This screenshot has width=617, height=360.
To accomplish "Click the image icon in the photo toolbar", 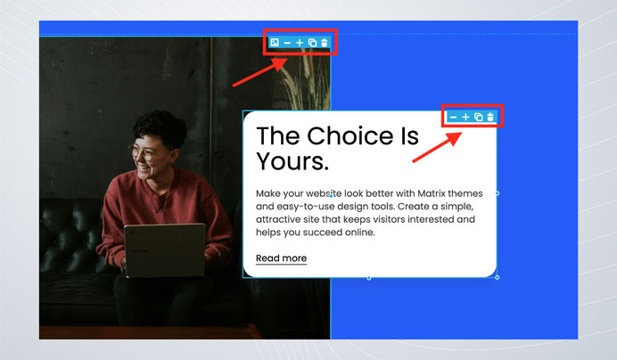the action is pyautogui.click(x=275, y=43).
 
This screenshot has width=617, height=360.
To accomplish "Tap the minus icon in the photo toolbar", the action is pyautogui.click(x=287, y=43).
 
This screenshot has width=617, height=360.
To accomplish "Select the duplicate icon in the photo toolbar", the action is pyautogui.click(x=312, y=43).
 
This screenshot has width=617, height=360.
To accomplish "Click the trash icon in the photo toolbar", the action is pyautogui.click(x=325, y=43).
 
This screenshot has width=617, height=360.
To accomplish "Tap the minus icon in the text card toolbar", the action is pyautogui.click(x=453, y=118).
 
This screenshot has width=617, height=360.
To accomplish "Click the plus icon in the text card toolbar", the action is pyautogui.click(x=465, y=117).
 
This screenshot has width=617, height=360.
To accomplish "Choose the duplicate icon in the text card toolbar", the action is pyautogui.click(x=479, y=117).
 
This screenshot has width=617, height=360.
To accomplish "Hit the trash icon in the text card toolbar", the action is pyautogui.click(x=490, y=117).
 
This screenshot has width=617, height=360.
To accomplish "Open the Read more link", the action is pyautogui.click(x=282, y=258).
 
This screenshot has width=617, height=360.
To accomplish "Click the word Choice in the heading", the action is pyautogui.click(x=350, y=135).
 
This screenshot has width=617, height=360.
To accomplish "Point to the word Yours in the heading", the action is pyautogui.click(x=292, y=161).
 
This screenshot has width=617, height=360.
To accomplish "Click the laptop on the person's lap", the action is pyautogui.click(x=165, y=250).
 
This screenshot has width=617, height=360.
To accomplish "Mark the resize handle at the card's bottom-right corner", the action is pyautogui.click(x=497, y=277).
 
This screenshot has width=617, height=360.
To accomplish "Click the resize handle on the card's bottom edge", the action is pyautogui.click(x=369, y=278).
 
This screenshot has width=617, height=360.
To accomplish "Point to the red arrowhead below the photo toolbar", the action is pyautogui.click(x=280, y=63).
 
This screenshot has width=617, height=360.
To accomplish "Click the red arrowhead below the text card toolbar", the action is pyautogui.click(x=455, y=138).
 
